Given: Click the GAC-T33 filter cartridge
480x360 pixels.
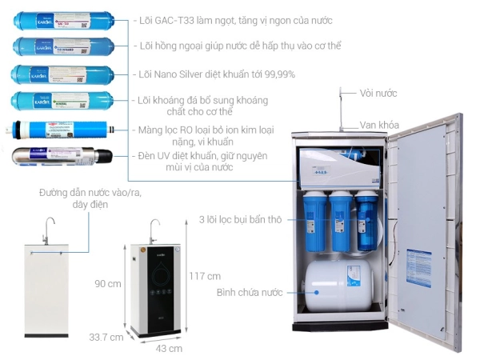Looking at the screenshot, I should [x=60, y=19].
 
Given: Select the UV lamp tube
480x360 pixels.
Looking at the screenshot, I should [x=60, y=155].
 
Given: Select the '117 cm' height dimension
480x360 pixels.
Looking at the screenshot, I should [x=205, y=276].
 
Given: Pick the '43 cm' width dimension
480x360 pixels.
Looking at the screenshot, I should [x=169, y=349].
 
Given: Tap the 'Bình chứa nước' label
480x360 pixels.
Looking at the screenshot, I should [x=250, y=293].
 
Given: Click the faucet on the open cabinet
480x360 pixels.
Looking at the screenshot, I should [x=341, y=108].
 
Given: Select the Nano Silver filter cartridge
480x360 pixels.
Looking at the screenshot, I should [x=60, y=74].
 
